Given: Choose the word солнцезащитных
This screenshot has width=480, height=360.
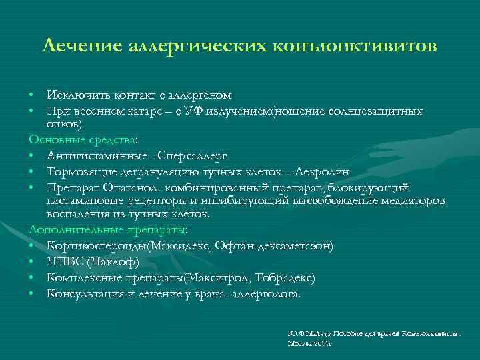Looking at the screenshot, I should (376, 111).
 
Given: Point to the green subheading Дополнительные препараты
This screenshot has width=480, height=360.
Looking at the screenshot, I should (107, 230).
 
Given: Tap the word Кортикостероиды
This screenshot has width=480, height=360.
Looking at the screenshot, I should (97, 246).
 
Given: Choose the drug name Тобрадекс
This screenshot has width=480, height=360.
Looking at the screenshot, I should (276, 277).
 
